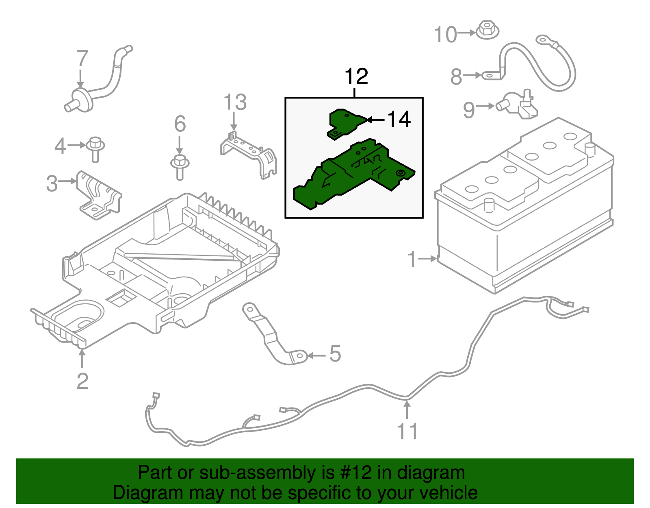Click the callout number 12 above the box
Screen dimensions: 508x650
point(356,76)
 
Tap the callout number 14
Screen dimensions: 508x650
point(399,120)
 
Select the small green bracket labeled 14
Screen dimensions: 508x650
point(344,123)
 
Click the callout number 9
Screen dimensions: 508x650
point(469,110)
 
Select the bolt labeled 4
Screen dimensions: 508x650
point(95,148)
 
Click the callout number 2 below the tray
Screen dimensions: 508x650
point(82,381)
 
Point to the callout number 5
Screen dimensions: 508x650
point(335,353)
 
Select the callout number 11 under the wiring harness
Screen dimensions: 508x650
point(407,431)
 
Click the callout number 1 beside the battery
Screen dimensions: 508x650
point(413,259)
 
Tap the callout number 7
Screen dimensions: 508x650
point(82,59)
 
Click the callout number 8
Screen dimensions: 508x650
point(456,76)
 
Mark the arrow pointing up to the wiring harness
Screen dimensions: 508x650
point(407,409)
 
